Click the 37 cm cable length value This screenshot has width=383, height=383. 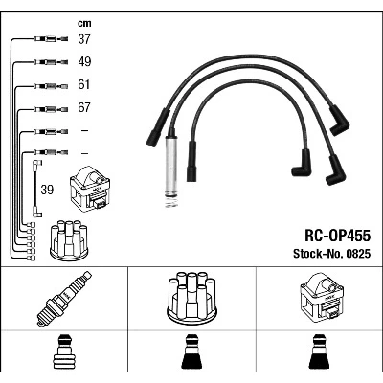(x=84, y=39)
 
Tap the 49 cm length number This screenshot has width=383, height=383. (x=84, y=62)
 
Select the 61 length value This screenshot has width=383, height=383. (x=84, y=85)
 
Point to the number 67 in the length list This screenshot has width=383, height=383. (x=84, y=107)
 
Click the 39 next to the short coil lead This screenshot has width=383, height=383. (x=47, y=190)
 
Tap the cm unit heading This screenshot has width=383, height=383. (x=84, y=23)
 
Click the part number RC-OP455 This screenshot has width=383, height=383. (x=338, y=236)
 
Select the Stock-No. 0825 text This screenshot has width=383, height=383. (x=332, y=254)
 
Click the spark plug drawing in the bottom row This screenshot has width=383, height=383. (x=64, y=299)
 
